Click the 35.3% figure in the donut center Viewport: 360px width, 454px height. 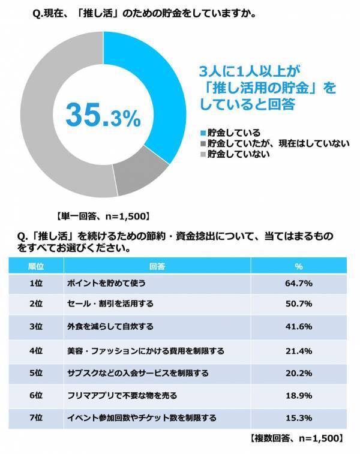coord(103,116)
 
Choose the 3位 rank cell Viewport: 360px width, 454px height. coord(35,326)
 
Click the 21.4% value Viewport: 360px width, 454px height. coord(299,349)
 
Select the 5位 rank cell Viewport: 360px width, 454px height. coord(35,372)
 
